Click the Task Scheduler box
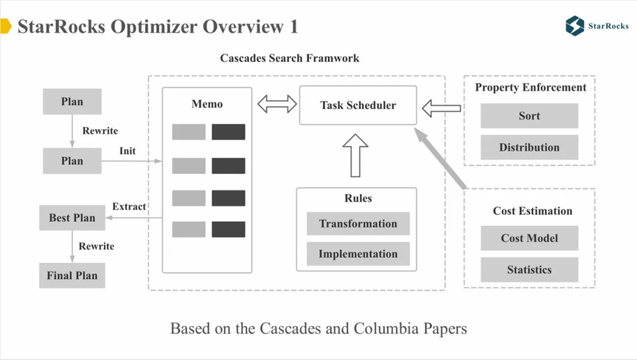click(x=358, y=105)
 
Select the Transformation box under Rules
click(x=358, y=224)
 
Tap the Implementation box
click(x=358, y=254)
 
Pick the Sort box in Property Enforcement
click(x=529, y=116)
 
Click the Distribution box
click(x=529, y=147)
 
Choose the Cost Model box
click(x=529, y=238)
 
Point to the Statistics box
click(x=529, y=269)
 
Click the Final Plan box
click(x=72, y=275)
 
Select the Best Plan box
click(x=72, y=218)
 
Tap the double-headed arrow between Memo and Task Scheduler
click(x=277, y=104)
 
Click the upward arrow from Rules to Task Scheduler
click(x=355, y=156)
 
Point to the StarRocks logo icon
click(x=574, y=26)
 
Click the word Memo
click(x=207, y=104)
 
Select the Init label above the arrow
click(x=127, y=150)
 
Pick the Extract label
click(x=129, y=207)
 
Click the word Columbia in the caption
click(x=386, y=328)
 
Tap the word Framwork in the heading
click(x=333, y=58)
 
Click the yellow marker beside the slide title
click(x=6, y=26)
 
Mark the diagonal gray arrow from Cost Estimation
click(x=440, y=158)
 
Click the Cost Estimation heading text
click(x=532, y=211)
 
